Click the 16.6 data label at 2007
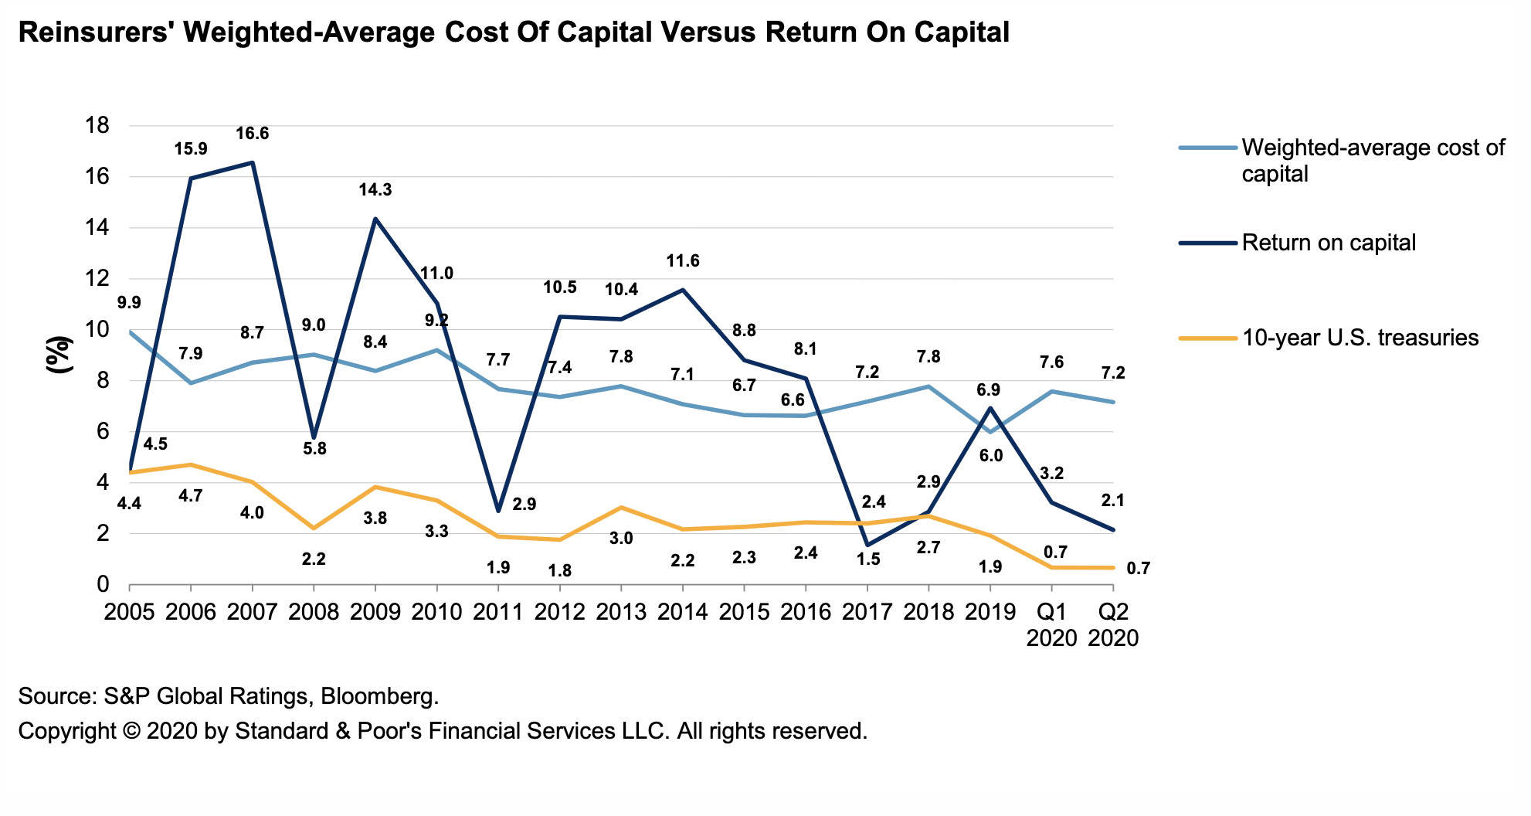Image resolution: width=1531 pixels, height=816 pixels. [252, 134]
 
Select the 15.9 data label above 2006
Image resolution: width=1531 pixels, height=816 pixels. [190, 149]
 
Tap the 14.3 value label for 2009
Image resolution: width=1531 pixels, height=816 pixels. [375, 190]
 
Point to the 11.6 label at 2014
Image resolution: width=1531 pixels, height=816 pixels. [683, 261]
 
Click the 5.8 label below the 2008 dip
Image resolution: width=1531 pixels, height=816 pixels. [314, 448]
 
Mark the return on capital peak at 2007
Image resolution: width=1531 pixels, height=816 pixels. [253, 162]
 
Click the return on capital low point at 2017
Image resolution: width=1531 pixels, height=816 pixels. [867, 545]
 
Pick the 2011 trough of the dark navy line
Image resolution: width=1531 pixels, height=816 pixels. [499, 511]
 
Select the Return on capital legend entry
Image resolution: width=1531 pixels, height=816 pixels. [1329, 243]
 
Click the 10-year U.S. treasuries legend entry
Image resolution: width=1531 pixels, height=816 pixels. [1360, 338]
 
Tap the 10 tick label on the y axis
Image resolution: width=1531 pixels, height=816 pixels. [96, 330]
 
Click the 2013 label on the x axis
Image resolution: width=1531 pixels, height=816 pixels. [622, 612]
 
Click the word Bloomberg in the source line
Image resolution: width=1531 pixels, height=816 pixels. [379, 696]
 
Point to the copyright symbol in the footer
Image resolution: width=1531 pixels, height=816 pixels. [131, 731]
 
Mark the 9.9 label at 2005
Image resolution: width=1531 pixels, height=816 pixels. [129, 303]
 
